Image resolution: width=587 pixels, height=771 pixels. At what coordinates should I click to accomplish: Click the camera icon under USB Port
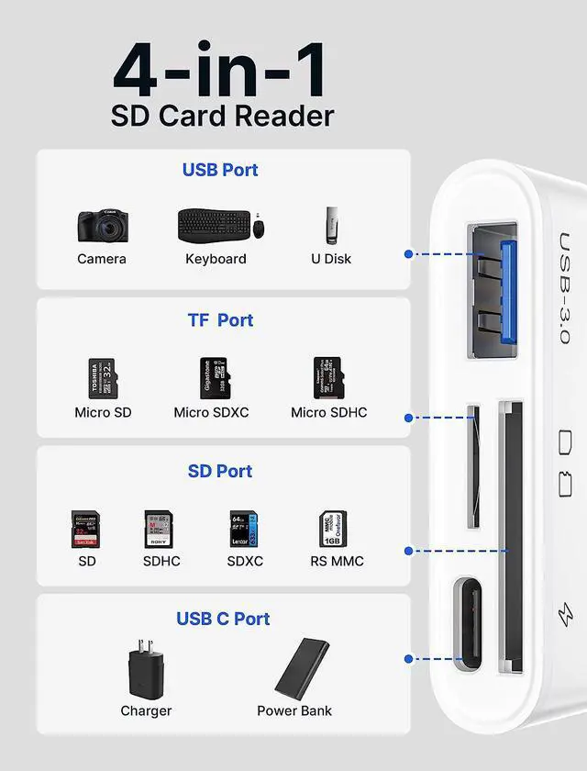pos(102,225)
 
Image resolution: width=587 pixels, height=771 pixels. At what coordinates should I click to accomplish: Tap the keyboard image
pos(214,225)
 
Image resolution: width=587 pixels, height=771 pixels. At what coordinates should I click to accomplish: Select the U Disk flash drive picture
pos(330,222)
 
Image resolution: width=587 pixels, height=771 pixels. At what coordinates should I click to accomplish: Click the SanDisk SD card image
pos(86,530)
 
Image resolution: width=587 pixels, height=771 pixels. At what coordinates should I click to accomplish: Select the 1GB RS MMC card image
pos(332,530)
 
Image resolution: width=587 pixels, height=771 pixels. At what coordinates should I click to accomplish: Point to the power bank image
pos(302,667)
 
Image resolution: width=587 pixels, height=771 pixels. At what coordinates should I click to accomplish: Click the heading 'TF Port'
pos(220,320)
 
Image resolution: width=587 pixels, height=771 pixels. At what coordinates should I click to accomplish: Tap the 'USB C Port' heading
pos(223,619)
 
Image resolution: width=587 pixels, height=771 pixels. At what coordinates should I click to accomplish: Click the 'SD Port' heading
pos(220,471)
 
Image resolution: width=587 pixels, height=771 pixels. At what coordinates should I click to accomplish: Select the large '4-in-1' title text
pos(220,73)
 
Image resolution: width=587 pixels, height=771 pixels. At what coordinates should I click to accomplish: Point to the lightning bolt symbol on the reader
pos(566,614)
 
